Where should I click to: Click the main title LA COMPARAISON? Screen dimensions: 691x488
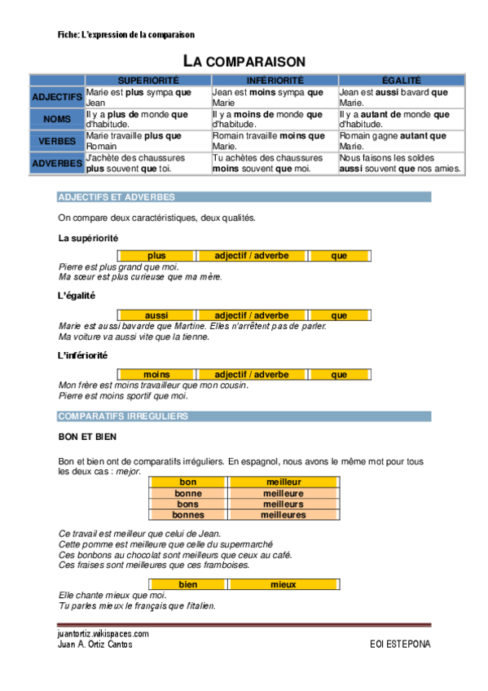click(244, 61)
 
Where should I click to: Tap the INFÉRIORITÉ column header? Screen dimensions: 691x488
click(275, 81)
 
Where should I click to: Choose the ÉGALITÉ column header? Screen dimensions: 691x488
click(401, 81)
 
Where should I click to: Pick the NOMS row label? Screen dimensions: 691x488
click(57, 119)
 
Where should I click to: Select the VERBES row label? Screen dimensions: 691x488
click(57, 141)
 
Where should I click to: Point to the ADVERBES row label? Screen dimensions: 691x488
click(57, 163)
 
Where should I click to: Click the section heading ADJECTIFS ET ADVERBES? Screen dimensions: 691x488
click(117, 197)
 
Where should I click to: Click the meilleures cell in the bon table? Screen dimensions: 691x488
click(284, 515)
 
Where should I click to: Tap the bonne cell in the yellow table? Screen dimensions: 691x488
click(188, 494)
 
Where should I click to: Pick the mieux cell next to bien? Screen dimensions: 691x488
click(284, 585)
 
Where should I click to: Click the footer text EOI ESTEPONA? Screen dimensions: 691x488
click(400, 645)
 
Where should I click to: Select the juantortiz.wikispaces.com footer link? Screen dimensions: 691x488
click(103, 633)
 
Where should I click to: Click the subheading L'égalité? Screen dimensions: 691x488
click(77, 297)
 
